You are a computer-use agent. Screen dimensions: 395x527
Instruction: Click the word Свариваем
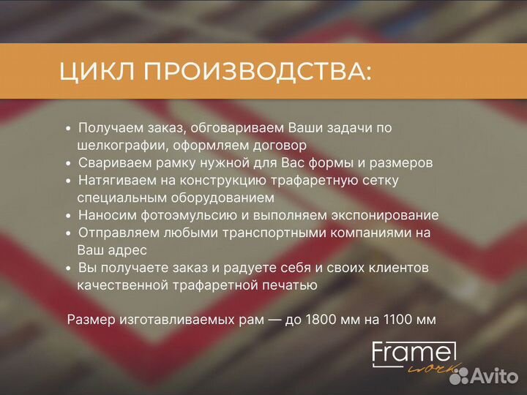coord(110,162)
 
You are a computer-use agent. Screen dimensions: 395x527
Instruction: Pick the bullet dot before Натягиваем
coord(68,180)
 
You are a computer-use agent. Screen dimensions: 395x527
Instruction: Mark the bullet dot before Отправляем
coord(68,233)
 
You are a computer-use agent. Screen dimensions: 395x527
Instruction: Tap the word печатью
coord(292,285)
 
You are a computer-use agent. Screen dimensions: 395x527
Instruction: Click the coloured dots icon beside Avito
coord(460,375)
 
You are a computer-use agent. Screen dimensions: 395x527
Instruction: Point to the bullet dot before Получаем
coord(68,127)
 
